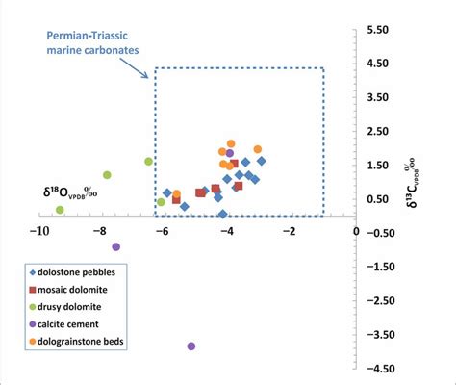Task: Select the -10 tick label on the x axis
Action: (39, 232)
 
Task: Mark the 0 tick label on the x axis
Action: (357, 232)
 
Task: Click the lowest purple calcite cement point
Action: (191, 346)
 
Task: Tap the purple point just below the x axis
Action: (116, 246)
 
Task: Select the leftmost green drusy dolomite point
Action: (60, 210)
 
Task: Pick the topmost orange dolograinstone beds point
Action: (231, 144)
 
